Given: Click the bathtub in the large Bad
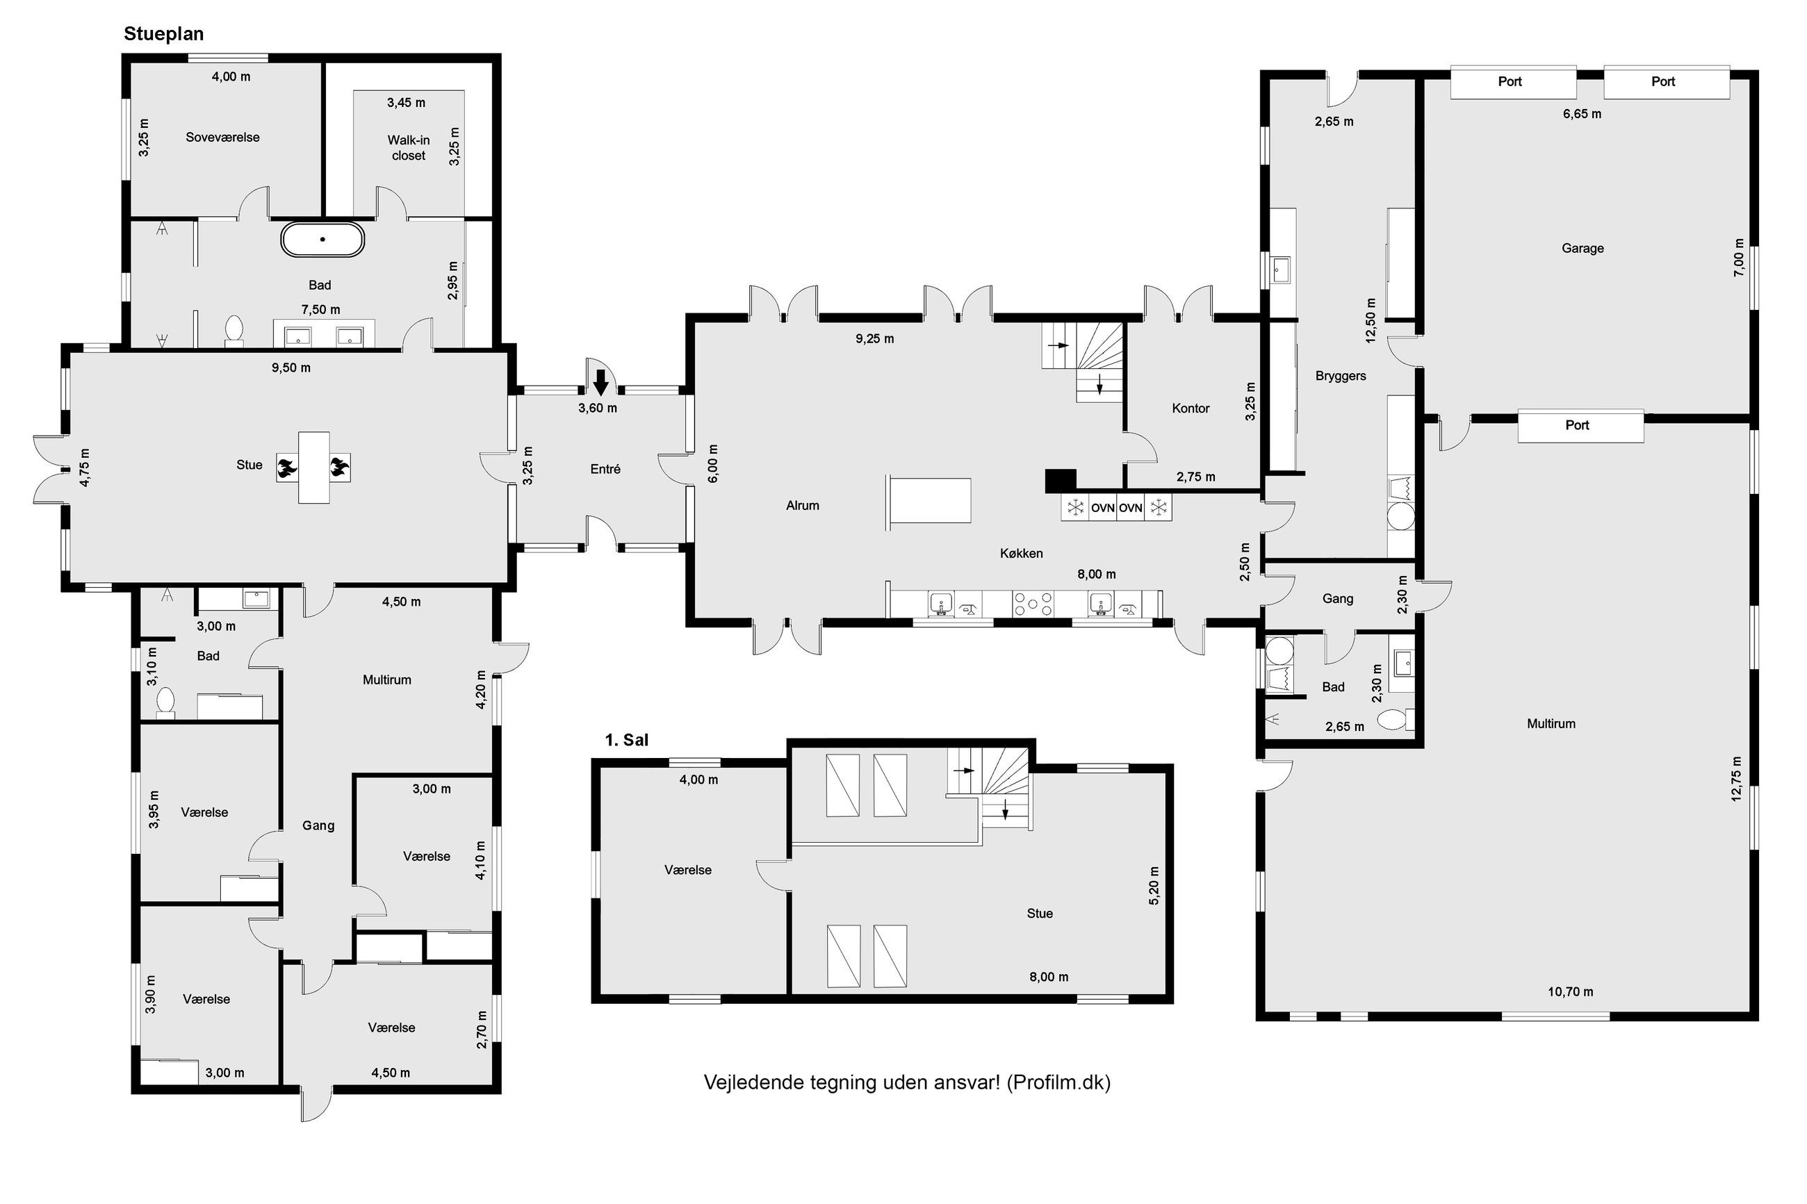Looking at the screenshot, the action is [322, 239].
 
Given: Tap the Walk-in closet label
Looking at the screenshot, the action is [408, 147].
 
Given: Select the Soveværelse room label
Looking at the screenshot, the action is [222, 138].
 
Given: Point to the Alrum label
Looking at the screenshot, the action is [803, 505].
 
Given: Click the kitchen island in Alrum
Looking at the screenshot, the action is [929, 500].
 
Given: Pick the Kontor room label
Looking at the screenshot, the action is [1191, 409].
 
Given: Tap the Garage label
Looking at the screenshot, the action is [1582, 248].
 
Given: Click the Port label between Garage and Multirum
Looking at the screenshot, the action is [1578, 424].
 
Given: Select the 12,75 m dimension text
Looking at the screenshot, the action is [1736, 779].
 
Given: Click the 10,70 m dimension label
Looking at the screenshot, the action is [1570, 991].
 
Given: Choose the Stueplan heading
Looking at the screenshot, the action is [163, 34].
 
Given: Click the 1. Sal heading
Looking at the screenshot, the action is [627, 739].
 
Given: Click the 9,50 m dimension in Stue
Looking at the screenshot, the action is [291, 368].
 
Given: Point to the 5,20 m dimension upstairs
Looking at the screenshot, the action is [1154, 885].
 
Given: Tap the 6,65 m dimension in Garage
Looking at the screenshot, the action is [1582, 114].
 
